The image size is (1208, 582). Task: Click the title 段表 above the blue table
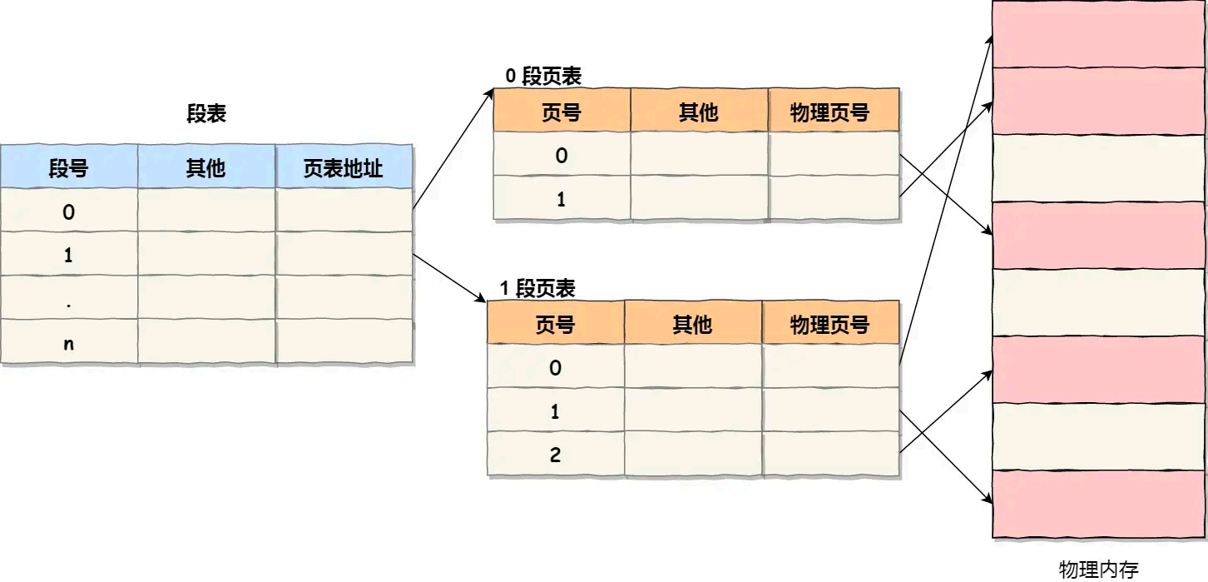click(205, 114)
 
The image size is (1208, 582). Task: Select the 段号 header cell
click(68, 168)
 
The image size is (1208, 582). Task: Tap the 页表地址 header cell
click(344, 168)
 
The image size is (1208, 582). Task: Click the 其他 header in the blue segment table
click(205, 168)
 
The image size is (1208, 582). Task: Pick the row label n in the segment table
click(68, 342)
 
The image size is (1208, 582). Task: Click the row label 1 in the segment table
click(68, 256)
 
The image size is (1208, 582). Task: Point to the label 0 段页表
click(543, 77)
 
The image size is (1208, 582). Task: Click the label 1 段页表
click(537, 289)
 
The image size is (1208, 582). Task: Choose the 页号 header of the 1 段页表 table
click(555, 325)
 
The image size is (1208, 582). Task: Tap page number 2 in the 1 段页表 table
click(555, 455)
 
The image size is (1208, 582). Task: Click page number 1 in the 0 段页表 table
click(561, 199)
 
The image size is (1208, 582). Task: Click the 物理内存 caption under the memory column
click(1098, 570)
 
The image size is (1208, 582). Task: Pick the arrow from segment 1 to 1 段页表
click(449, 277)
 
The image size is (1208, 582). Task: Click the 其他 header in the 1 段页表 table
click(692, 325)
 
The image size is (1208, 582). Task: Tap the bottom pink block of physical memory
click(1098, 504)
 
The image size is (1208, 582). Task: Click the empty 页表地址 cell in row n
click(344, 342)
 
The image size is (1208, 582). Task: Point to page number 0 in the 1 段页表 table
click(555, 368)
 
